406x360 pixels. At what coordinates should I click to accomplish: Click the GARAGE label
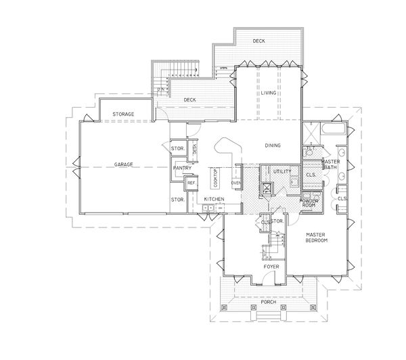click(123, 164)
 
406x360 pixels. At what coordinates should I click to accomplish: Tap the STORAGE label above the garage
click(123, 114)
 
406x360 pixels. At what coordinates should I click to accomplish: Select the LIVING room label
click(269, 93)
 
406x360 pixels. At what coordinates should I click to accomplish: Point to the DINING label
click(273, 145)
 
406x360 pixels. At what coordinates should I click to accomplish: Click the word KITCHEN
click(215, 198)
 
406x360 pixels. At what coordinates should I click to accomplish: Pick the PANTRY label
click(181, 168)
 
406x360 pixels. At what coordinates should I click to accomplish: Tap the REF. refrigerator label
click(191, 183)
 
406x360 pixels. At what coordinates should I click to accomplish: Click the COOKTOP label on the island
click(216, 177)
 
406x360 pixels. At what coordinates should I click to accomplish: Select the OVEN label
click(236, 183)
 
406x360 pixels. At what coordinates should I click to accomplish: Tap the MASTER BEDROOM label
click(316, 238)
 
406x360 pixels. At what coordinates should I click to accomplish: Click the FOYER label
click(271, 267)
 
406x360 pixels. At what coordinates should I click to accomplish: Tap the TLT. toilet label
click(311, 148)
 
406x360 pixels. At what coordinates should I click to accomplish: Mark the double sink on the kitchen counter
click(206, 208)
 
